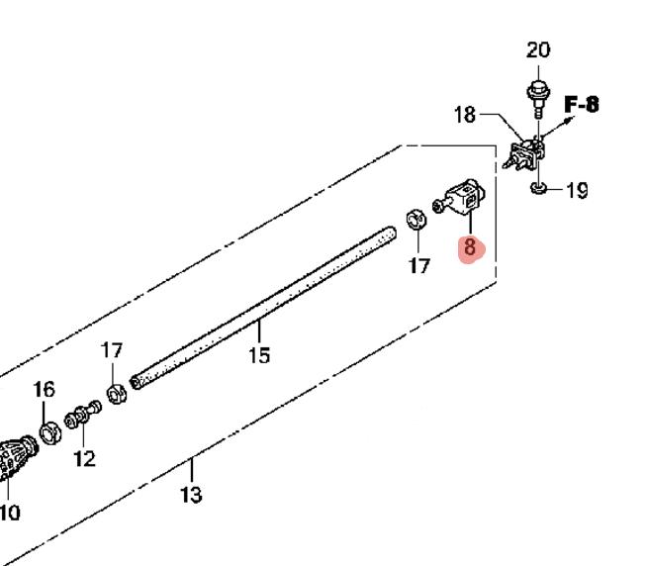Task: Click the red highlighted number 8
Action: point(470,246)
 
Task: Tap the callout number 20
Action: point(538,50)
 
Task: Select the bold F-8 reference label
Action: point(582,104)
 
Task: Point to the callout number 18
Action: point(465,115)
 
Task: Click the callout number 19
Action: point(577,191)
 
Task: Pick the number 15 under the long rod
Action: point(259,355)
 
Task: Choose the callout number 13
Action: point(191,495)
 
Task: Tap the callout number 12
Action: point(84,458)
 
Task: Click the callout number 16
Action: point(44,390)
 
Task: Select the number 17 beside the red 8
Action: point(419,265)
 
